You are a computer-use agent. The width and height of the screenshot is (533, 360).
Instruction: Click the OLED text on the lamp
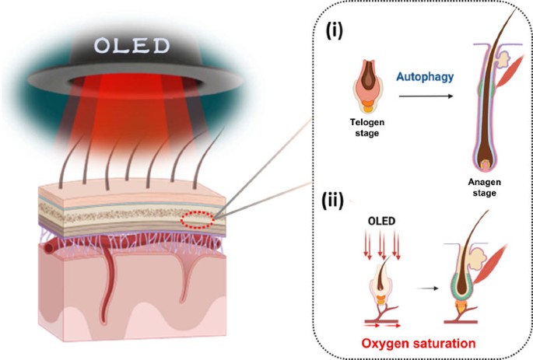[131, 46]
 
